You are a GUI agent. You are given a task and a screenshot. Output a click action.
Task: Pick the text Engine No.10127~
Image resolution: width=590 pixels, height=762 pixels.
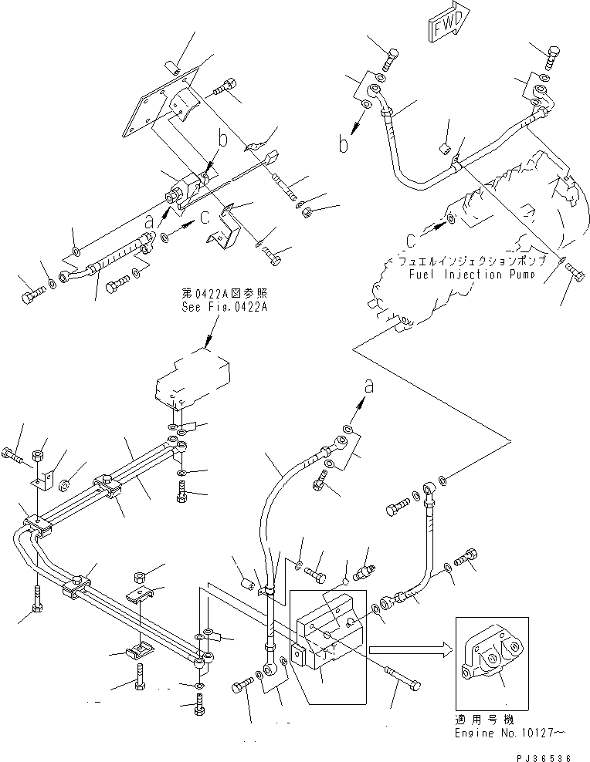(506, 734)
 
